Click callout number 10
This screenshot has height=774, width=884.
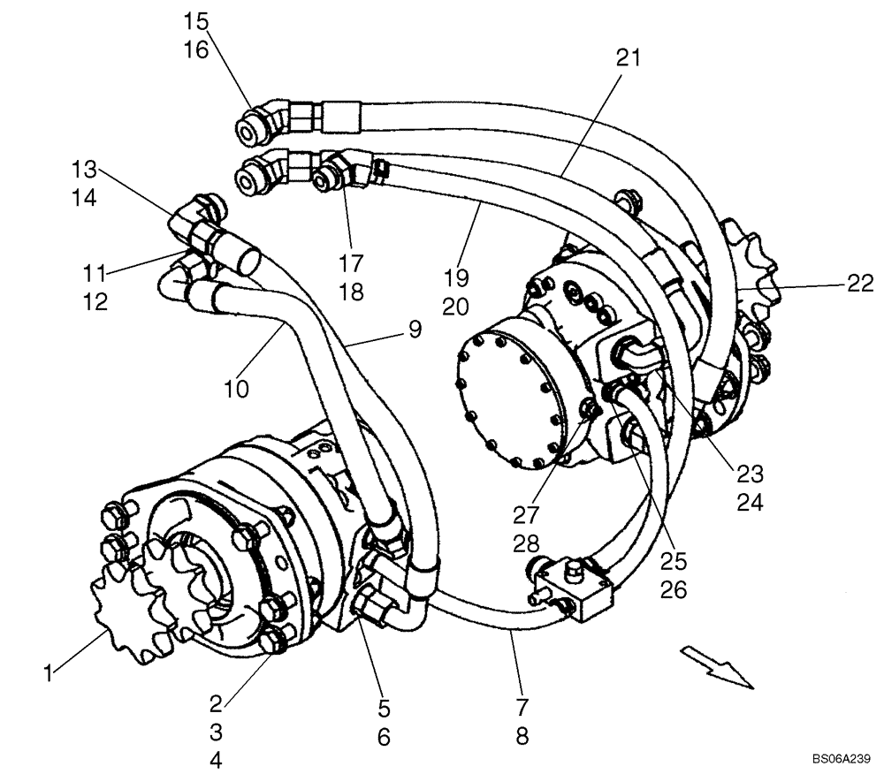click(x=236, y=387)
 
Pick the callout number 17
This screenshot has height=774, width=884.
click(x=351, y=262)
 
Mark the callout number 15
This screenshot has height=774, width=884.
click(x=197, y=19)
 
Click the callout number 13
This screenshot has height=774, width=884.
click(x=87, y=169)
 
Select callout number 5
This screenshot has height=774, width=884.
click(x=383, y=709)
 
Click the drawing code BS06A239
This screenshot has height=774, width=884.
click(x=842, y=758)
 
